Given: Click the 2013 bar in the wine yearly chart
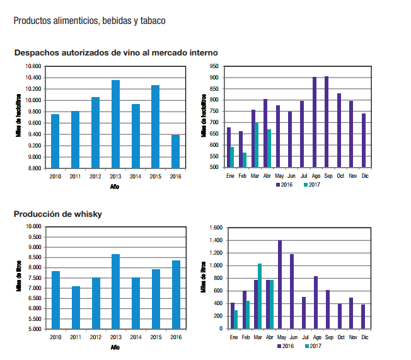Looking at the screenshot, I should (115, 124).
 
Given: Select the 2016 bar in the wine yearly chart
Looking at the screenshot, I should (175, 151).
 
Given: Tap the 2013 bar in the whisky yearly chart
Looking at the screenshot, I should (115, 291).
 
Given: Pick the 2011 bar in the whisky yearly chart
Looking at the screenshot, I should (76, 308).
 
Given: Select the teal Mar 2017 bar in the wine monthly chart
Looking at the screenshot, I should (257, 145).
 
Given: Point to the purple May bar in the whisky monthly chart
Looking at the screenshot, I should (279, 284).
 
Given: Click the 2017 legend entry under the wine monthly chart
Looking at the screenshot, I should (311, 185).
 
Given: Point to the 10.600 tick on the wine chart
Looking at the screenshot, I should (33, 66).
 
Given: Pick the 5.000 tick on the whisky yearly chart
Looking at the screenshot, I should (33, 329).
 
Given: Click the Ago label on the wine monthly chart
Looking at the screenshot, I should (315, 176).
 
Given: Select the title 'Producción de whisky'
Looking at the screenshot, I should (58, 214).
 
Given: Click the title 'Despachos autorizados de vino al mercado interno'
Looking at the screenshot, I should (116, 52).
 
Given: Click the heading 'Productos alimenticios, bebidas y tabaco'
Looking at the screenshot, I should (90, 21).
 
